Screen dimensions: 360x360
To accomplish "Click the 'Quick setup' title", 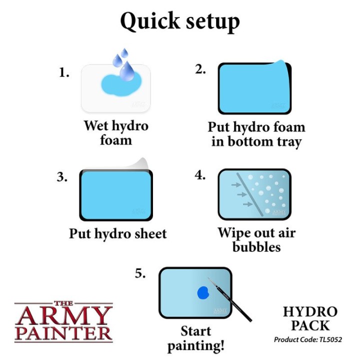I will (x=180, y=21).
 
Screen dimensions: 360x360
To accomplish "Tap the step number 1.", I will (x=63, y=73).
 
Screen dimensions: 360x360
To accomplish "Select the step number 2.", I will (x=200, y=70).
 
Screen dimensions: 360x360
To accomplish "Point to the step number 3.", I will (x=62, y=177).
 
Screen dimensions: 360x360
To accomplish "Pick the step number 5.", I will (x=140, y=274).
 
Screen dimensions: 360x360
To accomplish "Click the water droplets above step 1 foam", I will (x=122, y=63).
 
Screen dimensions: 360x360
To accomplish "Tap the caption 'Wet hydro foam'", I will (x=115, y=132).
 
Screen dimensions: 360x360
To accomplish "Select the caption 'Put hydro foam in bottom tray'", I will (x=256, y=134).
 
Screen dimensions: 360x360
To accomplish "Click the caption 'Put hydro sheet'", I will (x=118, y=234).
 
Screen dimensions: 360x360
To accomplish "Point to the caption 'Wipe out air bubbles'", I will (x=256, y=239).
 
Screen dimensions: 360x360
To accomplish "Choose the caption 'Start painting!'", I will (x=195, y=338).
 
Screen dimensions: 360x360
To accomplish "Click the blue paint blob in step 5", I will (x=203, y=293).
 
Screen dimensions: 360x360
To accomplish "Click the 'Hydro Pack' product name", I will (x=309, y=318).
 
